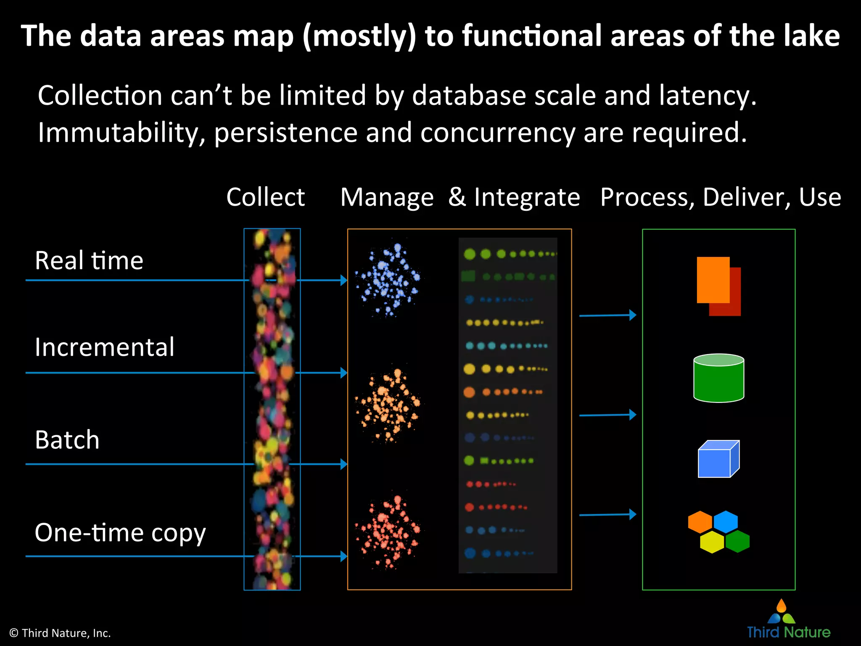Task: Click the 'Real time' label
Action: coord(89,260)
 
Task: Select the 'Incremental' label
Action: coord(104,347)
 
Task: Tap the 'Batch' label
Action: coord(67,440)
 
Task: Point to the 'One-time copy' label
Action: coord(120,533)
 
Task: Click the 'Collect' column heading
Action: coord(265,197)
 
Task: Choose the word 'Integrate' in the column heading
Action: coord(527,197)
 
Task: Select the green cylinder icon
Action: coord(718,378)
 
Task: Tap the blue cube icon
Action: coord(718,459)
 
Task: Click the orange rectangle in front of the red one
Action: coord(713,279)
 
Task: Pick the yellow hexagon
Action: coord(712,542)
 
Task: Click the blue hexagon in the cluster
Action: coord(726,522)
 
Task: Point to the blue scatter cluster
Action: coord(387,279)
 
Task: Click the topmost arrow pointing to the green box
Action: coord(607,315)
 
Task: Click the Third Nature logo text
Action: coord(788,632)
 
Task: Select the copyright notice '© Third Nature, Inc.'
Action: coord(60,633)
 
